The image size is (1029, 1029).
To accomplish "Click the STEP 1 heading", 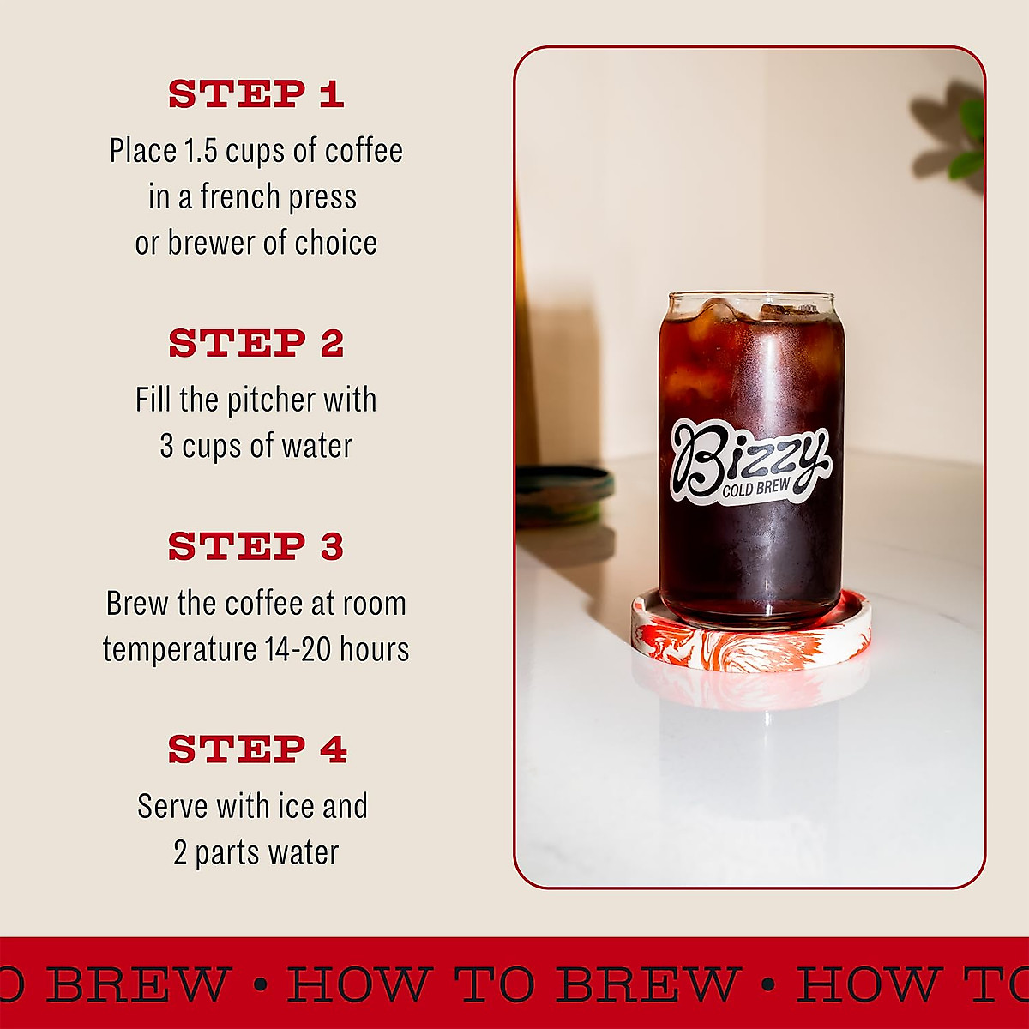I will click(x=256, y=95).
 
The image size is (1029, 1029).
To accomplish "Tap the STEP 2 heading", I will click(x=256, y=344).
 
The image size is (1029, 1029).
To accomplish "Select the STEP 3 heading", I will click(x=256, y=547).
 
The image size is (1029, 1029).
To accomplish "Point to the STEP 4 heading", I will click(x=256, y=750).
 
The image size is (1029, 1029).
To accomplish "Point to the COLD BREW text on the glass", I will click(x=755, y=489).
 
